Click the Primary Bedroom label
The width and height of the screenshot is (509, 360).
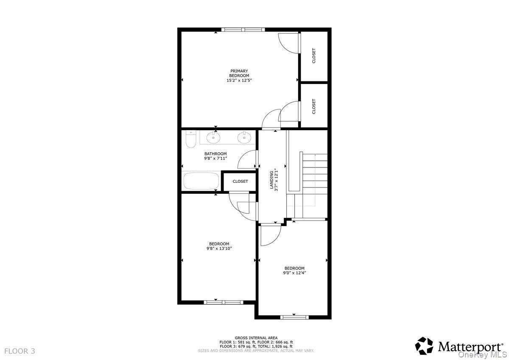click(239, 73)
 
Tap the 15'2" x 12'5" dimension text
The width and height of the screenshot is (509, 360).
click(239, 80)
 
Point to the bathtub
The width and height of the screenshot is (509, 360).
click(201, 181)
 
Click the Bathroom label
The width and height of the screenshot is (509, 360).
click(215, 153)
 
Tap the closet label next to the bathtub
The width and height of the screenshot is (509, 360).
click(240, 181)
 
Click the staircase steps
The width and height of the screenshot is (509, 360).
click(314, 174)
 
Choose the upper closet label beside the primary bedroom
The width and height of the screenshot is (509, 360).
click(314, 56)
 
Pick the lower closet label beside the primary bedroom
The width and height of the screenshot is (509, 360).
click(314, 106)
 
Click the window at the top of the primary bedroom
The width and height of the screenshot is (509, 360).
click(243, 30)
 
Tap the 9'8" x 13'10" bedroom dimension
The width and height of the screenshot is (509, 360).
click(219, 248)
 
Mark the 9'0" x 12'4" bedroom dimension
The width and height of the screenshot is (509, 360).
click(294, 273)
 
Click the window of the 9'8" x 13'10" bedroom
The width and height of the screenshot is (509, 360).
click(223, 302)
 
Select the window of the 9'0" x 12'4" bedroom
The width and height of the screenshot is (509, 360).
click(294, 317)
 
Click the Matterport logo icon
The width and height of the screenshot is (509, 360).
click(424, 346)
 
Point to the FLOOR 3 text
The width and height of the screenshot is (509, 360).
click(20, 351)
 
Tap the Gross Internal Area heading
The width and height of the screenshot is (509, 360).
click(256, 338)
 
